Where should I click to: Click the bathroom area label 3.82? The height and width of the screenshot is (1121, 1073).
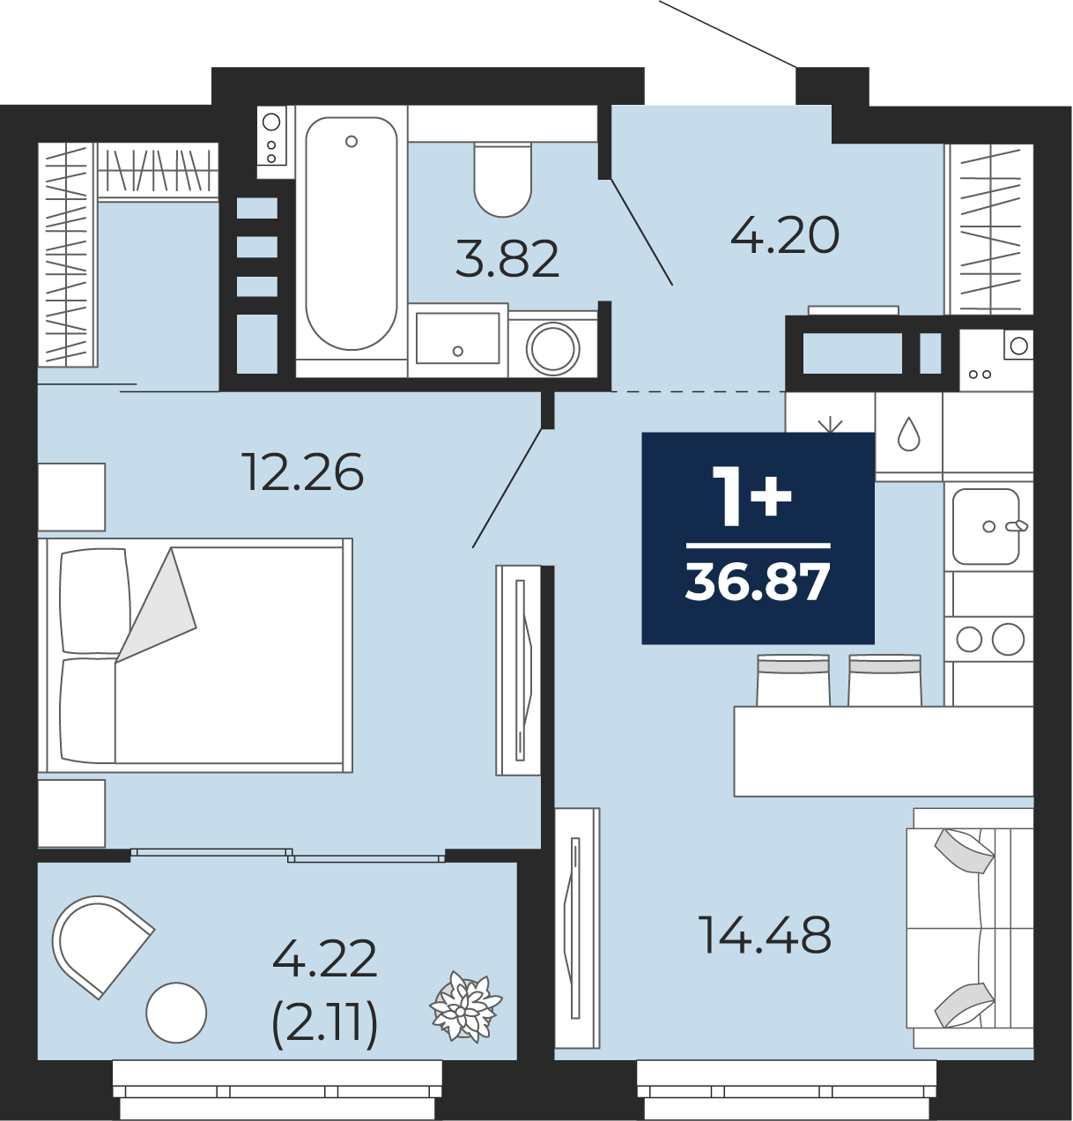click(x=507, y=259)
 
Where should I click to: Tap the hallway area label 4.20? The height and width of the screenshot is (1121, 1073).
click(x=785, y=234)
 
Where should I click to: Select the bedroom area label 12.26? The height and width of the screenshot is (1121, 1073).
click(x=305, y=472)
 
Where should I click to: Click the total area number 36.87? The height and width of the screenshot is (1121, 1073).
click(x=758, y=583)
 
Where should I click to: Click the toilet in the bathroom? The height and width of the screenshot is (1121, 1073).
click(x=502, y=180)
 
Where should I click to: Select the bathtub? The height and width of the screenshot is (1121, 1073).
click(x=351, y=234)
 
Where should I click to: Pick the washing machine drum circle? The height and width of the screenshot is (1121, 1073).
click(x=553, y=348)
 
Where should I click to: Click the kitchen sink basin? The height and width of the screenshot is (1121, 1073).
click(x=986, y=526)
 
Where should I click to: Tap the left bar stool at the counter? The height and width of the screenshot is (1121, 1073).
click(x=793, y=680)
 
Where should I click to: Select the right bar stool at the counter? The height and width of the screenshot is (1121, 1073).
click(x=884, y=680)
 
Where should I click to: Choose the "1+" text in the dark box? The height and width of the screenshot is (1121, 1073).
click(x=752, y=496)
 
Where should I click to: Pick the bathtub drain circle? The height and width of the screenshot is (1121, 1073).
click(x=351, y=141)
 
